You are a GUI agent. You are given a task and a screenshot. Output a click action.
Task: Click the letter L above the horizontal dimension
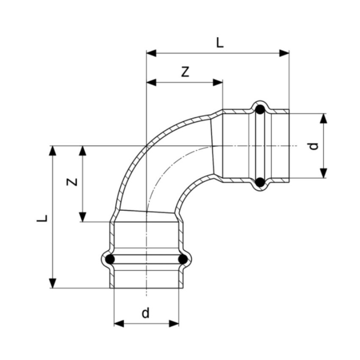(x=219, y=43)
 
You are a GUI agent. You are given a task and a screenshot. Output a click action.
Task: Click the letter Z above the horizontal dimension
(x=185, y=72)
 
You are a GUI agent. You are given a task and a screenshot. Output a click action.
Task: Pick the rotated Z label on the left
(x=73, y=182)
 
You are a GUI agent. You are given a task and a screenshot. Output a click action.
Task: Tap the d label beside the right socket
(x=313, y=146)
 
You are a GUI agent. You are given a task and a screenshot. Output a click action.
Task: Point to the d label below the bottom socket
(x=146, y=313)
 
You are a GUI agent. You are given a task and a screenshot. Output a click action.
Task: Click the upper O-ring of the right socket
(x=260, y=110)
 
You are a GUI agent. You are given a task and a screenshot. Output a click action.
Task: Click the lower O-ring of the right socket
(x=260, y=183)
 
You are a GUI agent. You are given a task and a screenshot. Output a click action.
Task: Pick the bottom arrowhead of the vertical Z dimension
(x=83, y=216)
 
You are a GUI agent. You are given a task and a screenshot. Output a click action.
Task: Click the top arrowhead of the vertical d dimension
(x=324, y=119)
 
